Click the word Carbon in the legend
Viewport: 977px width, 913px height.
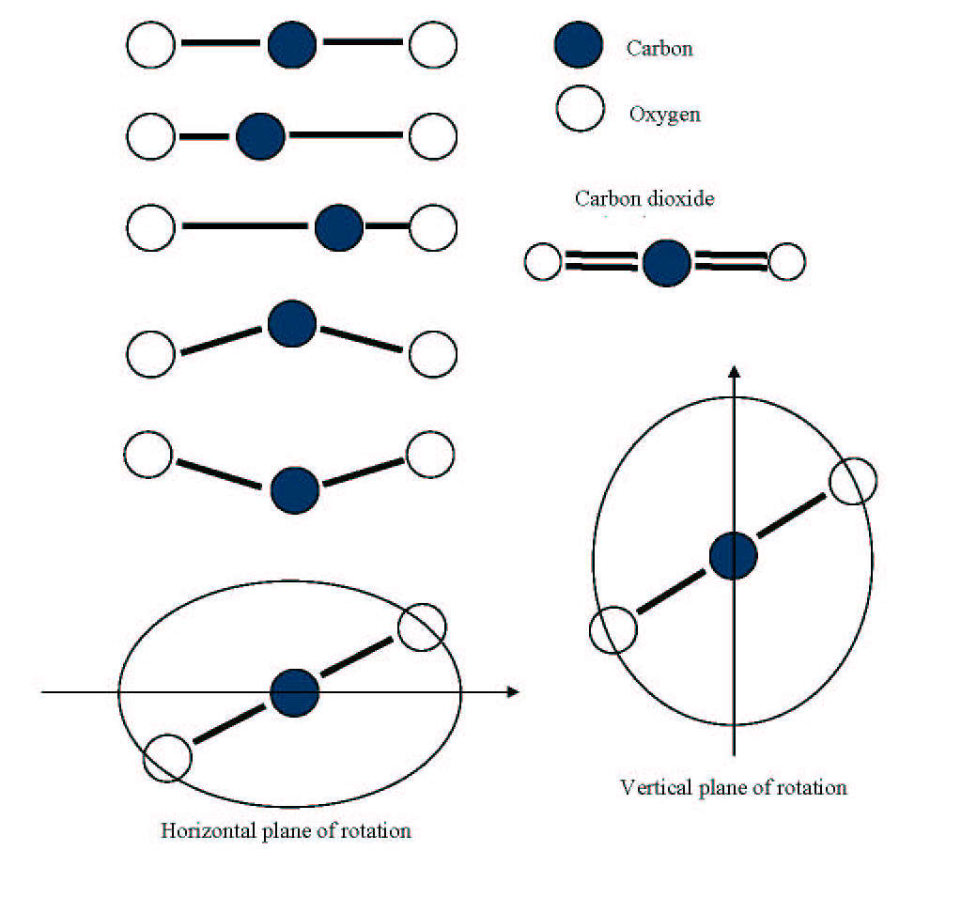[659, 49]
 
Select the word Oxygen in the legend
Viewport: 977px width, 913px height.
[664, 115]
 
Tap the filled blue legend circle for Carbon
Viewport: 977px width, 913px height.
[579, 45]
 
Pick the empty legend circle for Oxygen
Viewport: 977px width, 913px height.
[581, 108]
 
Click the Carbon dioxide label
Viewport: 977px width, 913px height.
[644, 199]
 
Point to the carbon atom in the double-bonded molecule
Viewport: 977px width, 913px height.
[667, 263]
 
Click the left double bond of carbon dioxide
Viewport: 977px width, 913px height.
[600, 261]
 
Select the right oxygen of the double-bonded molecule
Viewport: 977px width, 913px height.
[787, 262]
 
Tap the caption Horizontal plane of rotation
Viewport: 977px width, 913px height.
[286, 830]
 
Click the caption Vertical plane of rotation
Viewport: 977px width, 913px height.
[734, 788]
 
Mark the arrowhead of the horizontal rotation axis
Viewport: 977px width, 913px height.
[514, 691]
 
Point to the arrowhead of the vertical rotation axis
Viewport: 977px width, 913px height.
[734, 372]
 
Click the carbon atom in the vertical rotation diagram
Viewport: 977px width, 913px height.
[734, 556]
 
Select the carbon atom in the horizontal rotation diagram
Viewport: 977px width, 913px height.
[295, 693]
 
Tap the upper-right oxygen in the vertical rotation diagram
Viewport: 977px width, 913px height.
[853, 481]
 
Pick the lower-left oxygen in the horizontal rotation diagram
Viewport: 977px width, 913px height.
[167, 758]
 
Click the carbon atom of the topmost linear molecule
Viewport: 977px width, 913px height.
[292, 45]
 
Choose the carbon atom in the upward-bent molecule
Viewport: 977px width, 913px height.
[292, 323]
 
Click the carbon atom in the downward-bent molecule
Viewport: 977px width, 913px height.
[295, 490]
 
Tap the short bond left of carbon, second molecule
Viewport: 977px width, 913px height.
[205, 136]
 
